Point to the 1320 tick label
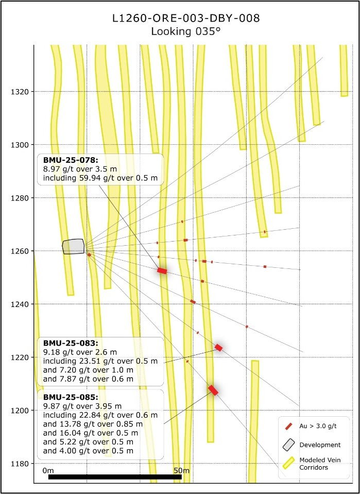pos(21,92)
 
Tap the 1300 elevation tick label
pos(21,145)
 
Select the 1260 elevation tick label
pos(21,251)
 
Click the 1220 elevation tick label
pos(21,357)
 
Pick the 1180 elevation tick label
pos(21,464)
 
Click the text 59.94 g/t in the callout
pos(97,179)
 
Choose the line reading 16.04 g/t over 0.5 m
pos(88,433)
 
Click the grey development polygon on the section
pos(73,246)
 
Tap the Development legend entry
pos(320,445)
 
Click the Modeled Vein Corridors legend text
pos(320,463)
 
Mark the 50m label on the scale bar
pos(181,470)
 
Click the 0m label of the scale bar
pos(48,470)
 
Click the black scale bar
pos(114,477)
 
